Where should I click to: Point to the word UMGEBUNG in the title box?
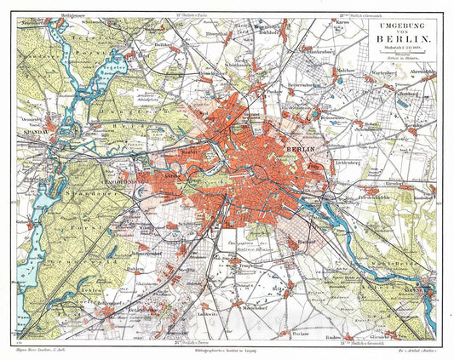tap(399, 26)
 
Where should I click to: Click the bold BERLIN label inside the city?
tap(296, 150)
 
